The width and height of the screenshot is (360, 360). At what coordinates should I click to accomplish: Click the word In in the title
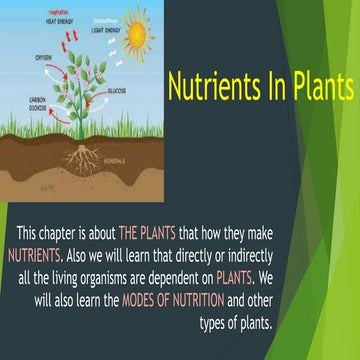coord(272,88)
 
